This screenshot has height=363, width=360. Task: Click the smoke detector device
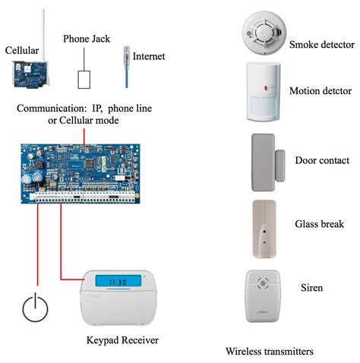260,35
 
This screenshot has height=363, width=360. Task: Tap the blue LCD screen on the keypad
117,283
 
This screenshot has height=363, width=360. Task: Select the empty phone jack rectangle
85,80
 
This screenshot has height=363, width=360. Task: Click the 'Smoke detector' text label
320,44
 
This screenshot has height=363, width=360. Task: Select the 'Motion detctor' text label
321,93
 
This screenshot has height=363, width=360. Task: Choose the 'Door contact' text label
322,160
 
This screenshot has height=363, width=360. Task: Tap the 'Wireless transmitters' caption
270,352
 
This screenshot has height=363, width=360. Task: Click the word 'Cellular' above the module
22,49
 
